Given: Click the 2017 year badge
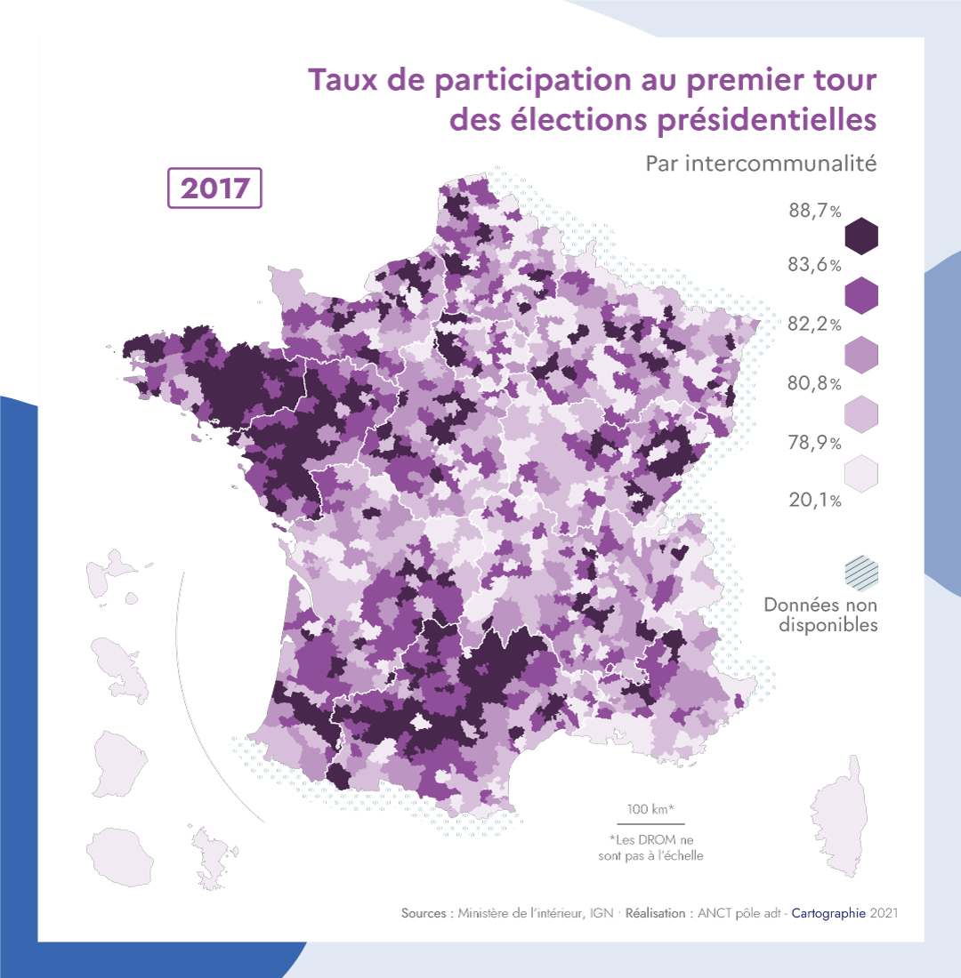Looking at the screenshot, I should coord(214,188).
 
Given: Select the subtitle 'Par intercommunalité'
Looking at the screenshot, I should coord(762,164).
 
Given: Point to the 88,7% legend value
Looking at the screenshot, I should coord(814,212).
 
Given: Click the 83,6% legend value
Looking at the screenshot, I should coord(814,265).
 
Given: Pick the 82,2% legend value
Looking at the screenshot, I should coord(814,325).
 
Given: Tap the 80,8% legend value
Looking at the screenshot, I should coord(814,384).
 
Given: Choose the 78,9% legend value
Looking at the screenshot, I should coord(814,443).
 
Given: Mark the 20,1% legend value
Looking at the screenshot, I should coord(814,501).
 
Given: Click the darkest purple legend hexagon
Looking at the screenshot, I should coord(860,236).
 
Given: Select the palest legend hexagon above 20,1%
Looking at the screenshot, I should coord(860,472).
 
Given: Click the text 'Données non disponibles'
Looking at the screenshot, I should coord(820,615).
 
